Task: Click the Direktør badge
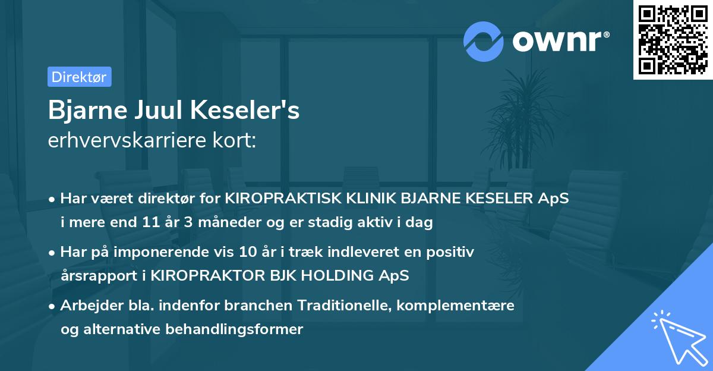[79, 77]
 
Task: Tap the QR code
[673, 40]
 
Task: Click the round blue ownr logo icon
[483, 41]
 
